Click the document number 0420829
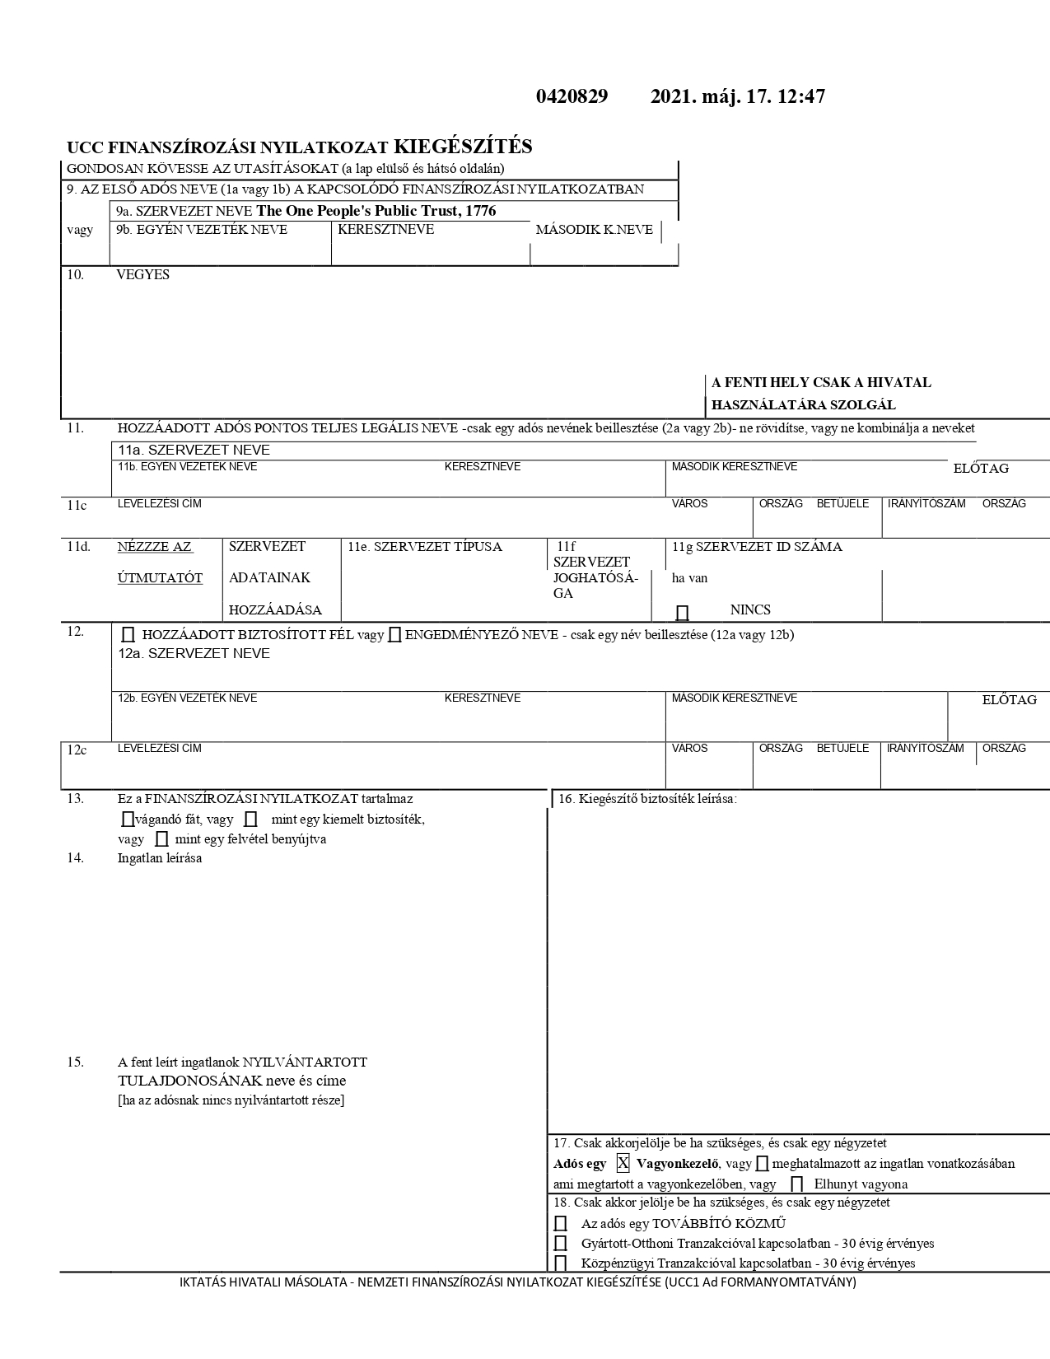[572, 97]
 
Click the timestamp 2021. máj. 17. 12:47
[737, 97]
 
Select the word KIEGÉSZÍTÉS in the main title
[463, 147]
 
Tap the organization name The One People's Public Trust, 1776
[376, 211]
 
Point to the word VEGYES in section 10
[142, 275]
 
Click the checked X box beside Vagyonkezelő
[623, 1163]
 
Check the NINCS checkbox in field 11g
[682, 612]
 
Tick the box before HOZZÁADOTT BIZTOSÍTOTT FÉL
[128, 635]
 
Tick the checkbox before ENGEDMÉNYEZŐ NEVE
[394, 635]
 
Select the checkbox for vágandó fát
[126, 820]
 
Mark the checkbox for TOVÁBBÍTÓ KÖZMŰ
[561, 1224]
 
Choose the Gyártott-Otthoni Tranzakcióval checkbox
[561, 1244]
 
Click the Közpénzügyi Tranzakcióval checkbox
[561, 1263]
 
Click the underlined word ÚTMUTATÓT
[160, 578]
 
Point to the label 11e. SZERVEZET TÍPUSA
[424, 547]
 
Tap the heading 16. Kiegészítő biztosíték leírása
[647, 799]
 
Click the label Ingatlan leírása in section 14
[160, 858]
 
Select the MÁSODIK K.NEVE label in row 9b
[594, 230]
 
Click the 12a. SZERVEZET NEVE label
[194, 654]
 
